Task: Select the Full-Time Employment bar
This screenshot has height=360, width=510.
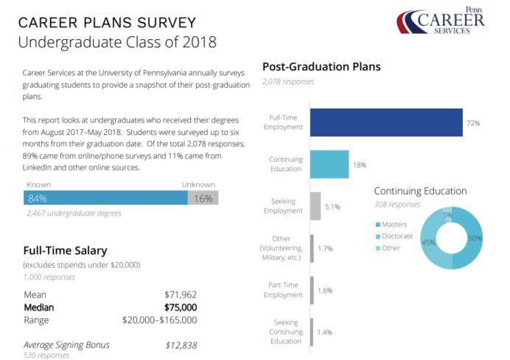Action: [x=385, y=122]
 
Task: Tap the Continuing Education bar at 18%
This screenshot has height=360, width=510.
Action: [x=329, y=164]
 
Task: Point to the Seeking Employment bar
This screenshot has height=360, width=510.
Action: [x=315, y=206]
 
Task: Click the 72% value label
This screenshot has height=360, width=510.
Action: [x=473, y=123]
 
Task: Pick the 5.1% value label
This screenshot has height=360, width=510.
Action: [x=332, y=207]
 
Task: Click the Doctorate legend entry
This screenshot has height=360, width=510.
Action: [x=396, y=236]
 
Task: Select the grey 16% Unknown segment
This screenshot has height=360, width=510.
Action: [x=203, y=198]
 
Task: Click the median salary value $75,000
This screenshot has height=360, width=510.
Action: [x=180, y=307]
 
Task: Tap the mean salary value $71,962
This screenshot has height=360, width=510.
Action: [x=180, y=294]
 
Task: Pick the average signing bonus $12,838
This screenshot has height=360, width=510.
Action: [x=181, y=345]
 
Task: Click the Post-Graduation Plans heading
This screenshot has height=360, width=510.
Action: [x=321, y=66]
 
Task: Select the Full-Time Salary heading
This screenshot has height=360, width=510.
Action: [x=65, y=251]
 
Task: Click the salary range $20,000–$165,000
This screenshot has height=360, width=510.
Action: [x=160, y=320]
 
